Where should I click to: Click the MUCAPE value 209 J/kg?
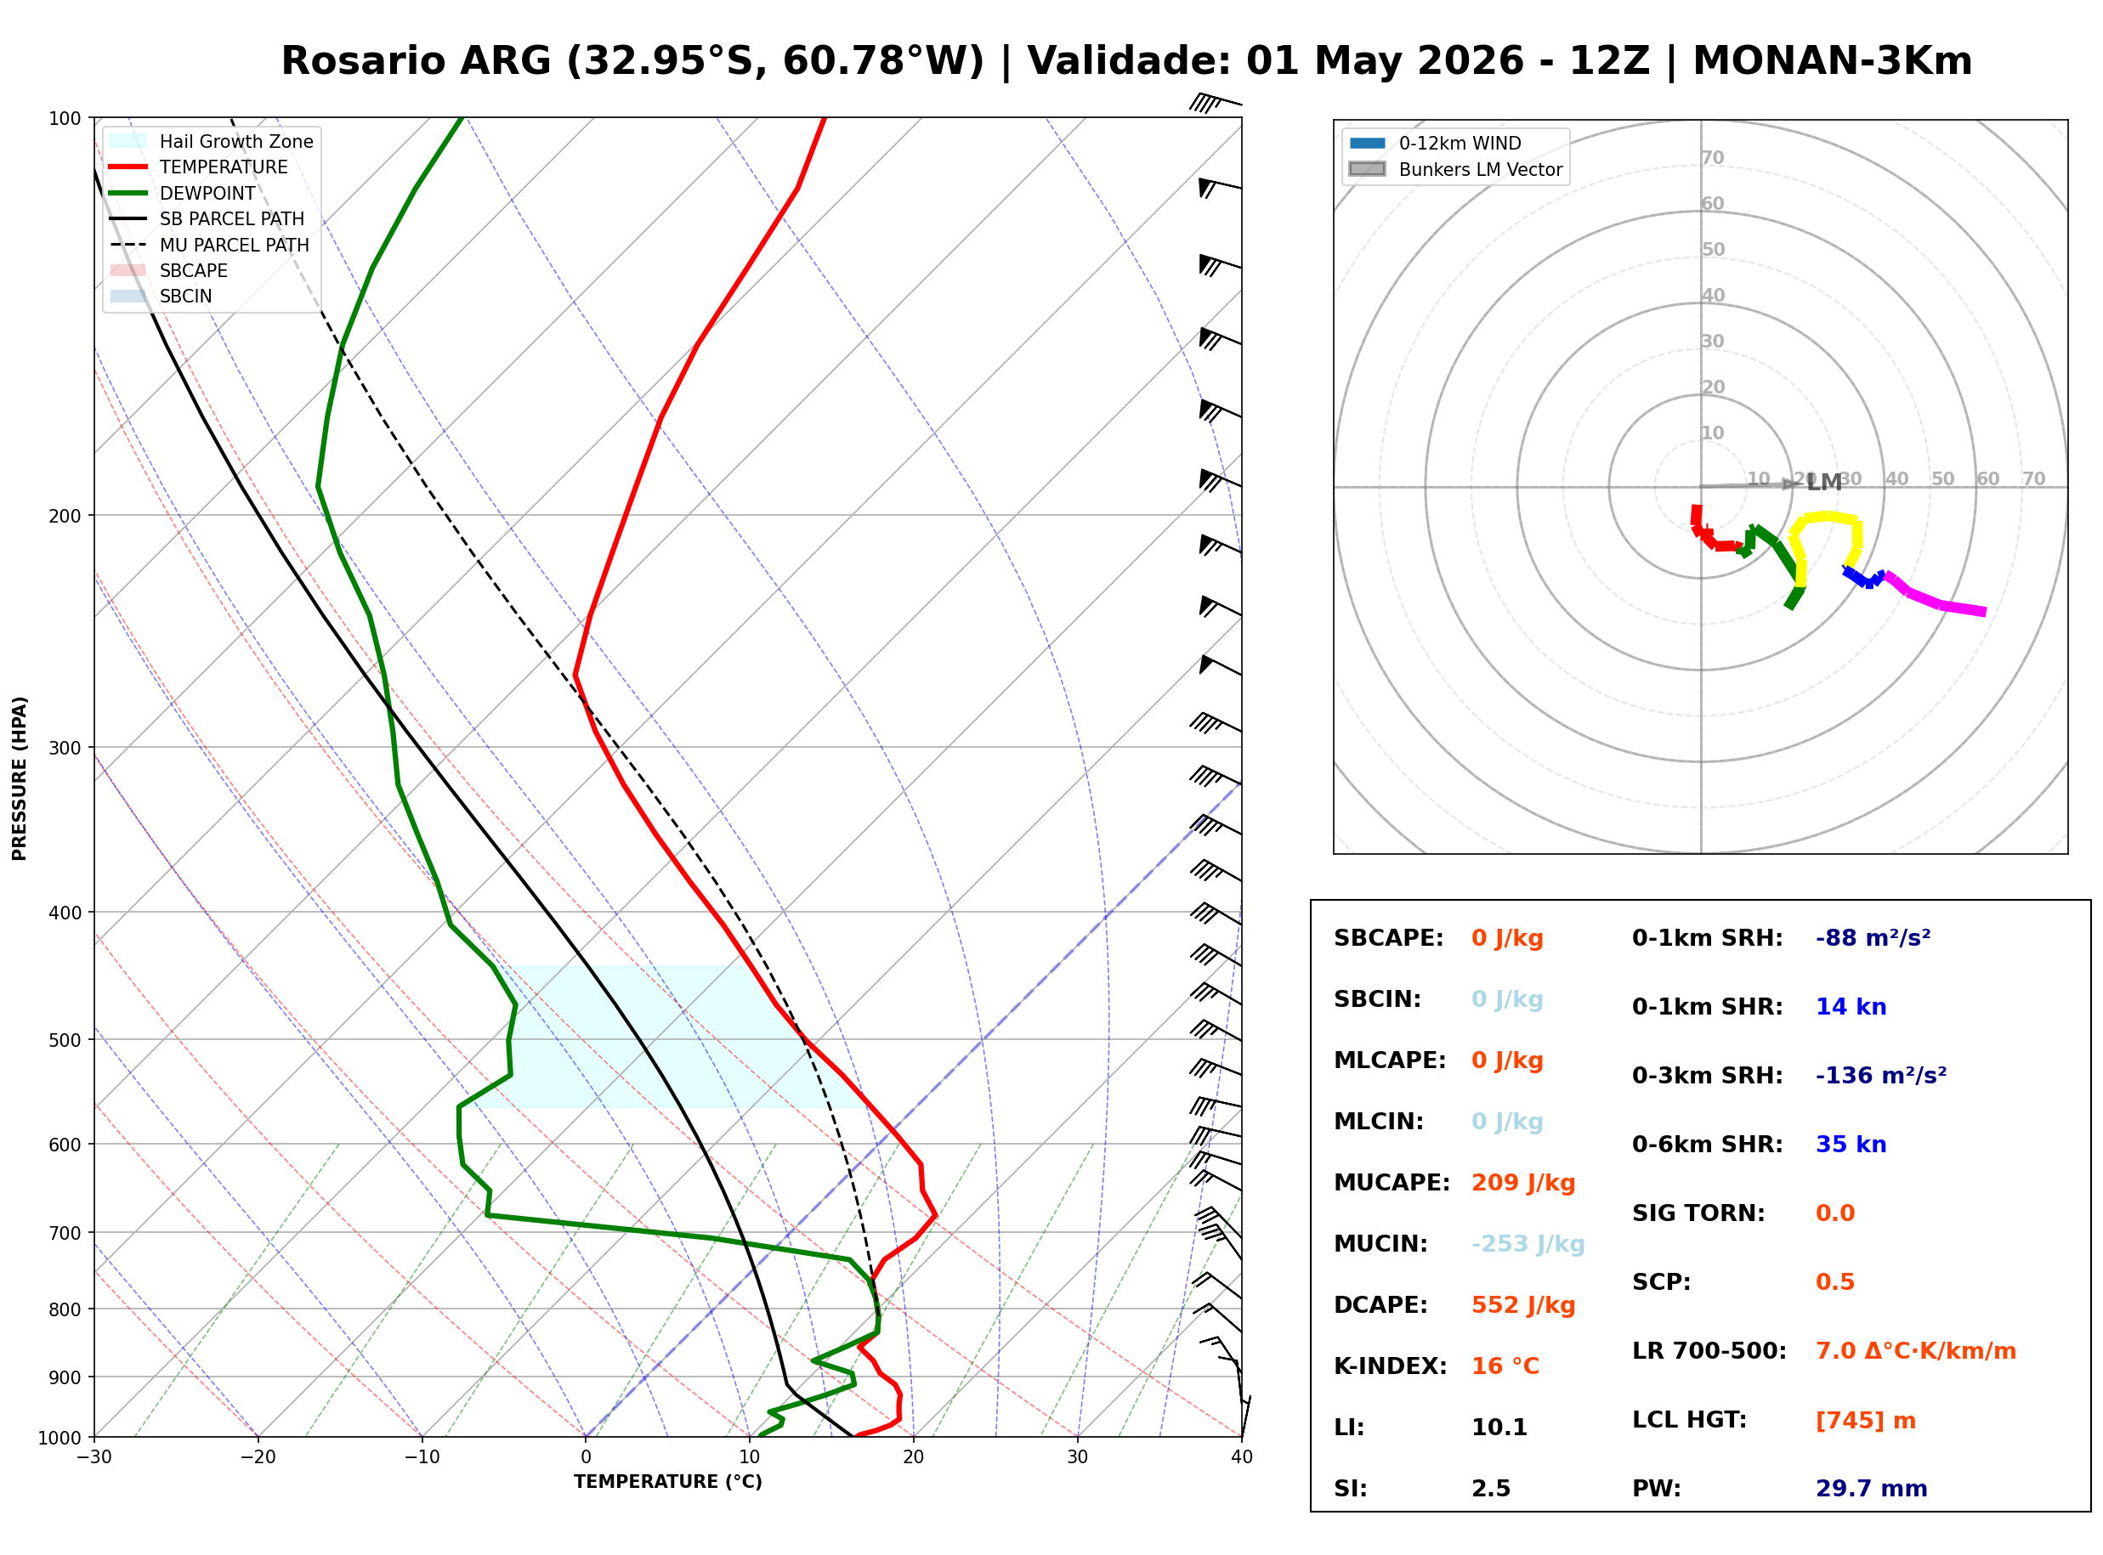point(1522,1182)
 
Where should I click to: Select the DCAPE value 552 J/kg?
point(1522,1304)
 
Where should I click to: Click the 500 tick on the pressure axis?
point(65,1040)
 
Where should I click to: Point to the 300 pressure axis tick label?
point(65,748)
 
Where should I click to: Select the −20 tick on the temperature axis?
point(257,1457)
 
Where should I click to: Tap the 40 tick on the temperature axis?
point(1241,1457)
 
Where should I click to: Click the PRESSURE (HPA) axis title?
point(20,777)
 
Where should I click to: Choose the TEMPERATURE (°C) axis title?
point(667,1482)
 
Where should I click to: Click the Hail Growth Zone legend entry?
point(235,141)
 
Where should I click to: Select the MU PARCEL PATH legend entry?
point(234,245)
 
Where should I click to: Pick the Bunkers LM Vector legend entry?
point(1479,169)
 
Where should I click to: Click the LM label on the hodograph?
point(1823,483)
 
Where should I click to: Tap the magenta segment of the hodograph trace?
point(1939,601)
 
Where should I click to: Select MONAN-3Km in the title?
point(1831,61)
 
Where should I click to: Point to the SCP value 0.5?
point(1834,1282)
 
